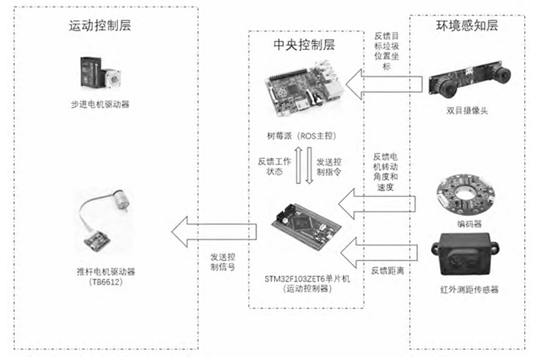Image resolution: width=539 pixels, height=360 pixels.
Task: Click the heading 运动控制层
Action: click(100, 26)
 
